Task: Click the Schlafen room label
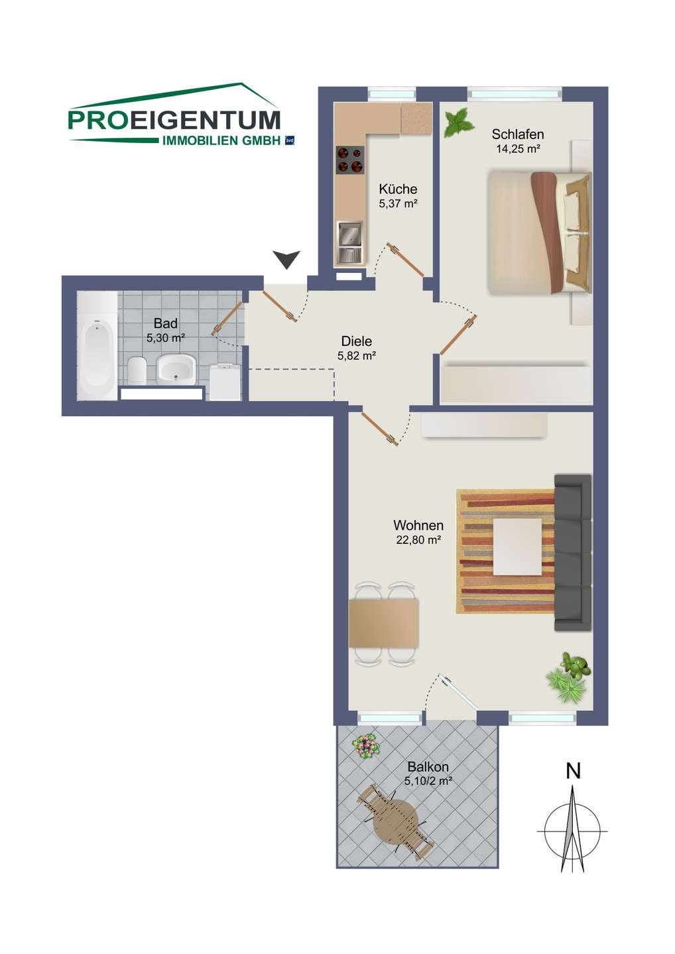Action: click(x=517, y=134)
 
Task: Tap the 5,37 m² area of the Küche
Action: click(x=398, y=203)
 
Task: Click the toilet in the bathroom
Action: click(x=137, y=370)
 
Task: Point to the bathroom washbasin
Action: click(x=176, y=369)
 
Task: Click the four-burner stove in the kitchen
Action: click(x=350, y=160)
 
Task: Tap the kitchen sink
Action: click(x=350, y=241)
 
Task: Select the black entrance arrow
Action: click(x=287, y=260)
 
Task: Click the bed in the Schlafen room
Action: click(x=540, y=232)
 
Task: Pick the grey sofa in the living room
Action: click(x=573, y=553)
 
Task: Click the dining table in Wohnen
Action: click(x=383, y=623)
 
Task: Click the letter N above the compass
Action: click(x=573, y=771)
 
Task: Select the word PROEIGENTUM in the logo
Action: click(x=174, y=120)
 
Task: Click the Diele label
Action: click(x=356, y=341)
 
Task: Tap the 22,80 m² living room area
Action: click(x=418, y=540)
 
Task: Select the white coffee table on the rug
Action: click(x=517, y=547)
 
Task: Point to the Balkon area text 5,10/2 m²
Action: click(x=428, y=780)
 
